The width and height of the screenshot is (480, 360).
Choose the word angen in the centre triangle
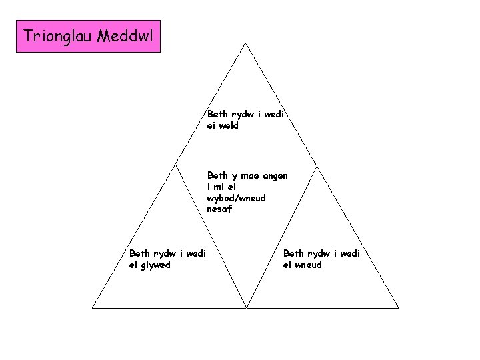[x=275, y=176]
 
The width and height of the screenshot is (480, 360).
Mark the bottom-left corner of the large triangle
[x=92, y=308]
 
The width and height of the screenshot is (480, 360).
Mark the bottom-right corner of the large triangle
[x=399, y=308]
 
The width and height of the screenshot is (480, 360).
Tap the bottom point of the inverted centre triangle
[x=247, y=308]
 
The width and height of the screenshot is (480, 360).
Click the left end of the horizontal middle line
[x=175, y=164]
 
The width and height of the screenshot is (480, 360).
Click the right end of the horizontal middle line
[x=316, y=164]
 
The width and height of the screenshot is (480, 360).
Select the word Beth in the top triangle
[x=217, y=114]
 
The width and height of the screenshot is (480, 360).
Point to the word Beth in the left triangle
[x=139, y=253]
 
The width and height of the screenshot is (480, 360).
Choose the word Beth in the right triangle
[x=293, y=253]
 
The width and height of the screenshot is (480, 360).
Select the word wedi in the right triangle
[x=348, y=253]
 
